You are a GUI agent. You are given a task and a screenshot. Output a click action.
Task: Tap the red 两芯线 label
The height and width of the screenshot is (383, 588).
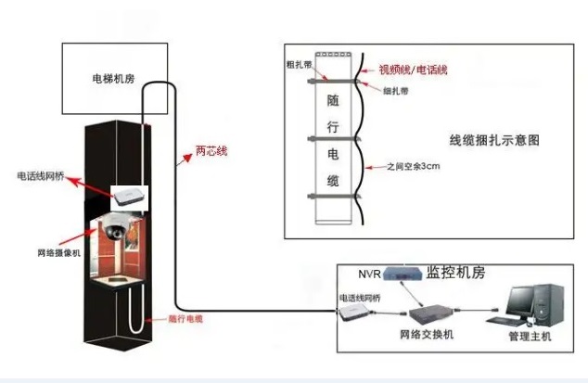(210, 148)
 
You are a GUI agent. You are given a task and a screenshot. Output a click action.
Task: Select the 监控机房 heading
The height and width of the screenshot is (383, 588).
(456, 273)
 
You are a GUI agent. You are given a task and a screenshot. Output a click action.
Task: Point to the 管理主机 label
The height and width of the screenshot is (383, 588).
(530, 336)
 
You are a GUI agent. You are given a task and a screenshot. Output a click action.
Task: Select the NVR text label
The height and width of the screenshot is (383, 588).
(369, 274)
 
